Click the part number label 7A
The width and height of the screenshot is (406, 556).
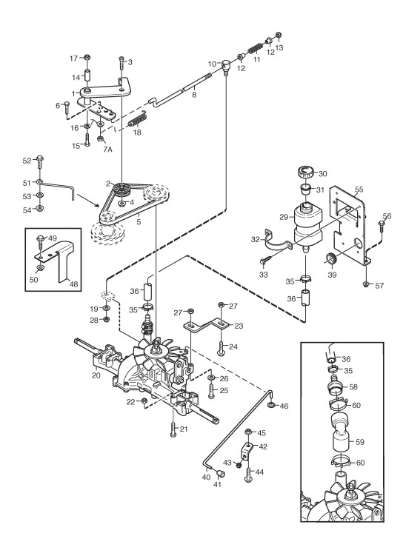point(107,150)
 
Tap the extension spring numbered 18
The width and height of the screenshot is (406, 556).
point(137,118)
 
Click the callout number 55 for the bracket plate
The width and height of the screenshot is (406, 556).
point(359,190)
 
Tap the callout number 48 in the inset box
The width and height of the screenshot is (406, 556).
point(74,284)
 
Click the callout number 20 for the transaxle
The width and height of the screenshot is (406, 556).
point(96,375)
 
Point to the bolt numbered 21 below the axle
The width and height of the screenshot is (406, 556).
point(173,429)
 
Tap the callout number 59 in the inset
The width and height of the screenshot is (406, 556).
point(360,442)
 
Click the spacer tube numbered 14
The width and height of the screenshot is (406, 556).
point(87,76)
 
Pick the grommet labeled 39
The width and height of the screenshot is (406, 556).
point(331,258)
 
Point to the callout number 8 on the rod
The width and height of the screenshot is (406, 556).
point(194,95)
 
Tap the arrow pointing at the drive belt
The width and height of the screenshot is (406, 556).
point(88,200)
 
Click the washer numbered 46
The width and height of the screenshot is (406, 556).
point(271,404)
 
